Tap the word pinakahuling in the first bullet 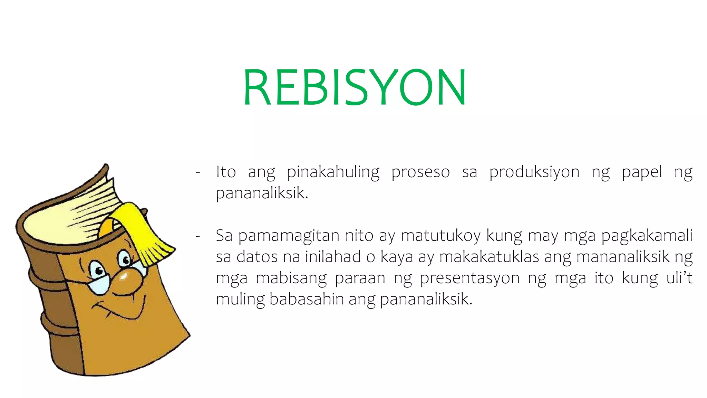333,172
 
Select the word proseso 420,172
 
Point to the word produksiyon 534,172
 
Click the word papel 642,172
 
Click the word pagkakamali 647,236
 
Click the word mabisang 291,278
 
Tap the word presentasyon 469,278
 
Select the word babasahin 306,299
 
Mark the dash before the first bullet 198,172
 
